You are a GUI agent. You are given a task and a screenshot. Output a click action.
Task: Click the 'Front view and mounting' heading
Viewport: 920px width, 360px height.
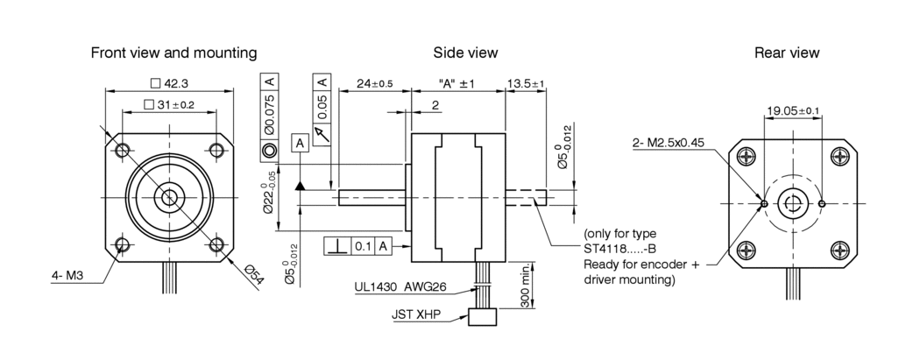[x=173, y=53]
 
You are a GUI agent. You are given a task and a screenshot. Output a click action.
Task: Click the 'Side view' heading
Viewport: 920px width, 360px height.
[x=465, y=53]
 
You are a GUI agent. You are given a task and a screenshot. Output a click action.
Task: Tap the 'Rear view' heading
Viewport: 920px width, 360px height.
[x=787, y=53]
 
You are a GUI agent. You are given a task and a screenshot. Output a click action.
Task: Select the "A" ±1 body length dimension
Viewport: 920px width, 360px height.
[x=456, y=84]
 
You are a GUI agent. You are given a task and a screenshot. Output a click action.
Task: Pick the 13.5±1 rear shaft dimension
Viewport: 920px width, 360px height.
[x=526, y=84]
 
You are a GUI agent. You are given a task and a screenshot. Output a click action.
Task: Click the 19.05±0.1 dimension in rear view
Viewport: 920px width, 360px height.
[x=792, y=110]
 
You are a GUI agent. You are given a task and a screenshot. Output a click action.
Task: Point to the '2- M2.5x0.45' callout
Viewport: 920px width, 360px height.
[x=668, y=143]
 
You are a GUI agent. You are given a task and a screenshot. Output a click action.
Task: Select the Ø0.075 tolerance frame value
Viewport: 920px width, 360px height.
[x=269, y=118]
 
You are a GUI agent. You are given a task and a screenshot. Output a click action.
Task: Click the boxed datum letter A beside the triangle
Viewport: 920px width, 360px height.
[x=300, y=142]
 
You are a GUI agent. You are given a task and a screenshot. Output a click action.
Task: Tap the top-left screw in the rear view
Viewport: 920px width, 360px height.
[x=747, y=156]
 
